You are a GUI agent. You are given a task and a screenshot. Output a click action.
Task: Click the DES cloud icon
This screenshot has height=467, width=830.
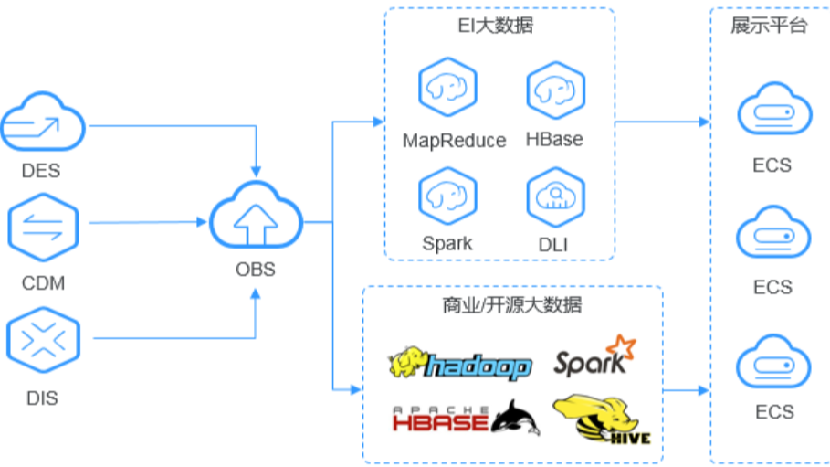43,122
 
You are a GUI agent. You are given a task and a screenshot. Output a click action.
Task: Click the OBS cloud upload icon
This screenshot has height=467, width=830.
256,218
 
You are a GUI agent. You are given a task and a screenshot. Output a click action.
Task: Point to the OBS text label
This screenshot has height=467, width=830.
256,271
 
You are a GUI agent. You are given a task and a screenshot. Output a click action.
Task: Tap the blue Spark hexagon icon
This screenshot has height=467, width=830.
448,195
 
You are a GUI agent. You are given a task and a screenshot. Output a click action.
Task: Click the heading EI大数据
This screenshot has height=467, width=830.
496,26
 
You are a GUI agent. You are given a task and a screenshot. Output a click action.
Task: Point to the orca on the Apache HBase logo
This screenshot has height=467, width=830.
516,419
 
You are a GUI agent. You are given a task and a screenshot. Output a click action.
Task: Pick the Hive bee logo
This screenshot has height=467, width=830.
601,419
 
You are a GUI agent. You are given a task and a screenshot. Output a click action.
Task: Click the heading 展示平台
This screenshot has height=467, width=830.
769,26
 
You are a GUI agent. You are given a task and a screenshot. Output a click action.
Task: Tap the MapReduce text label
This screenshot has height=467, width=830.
454,140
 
